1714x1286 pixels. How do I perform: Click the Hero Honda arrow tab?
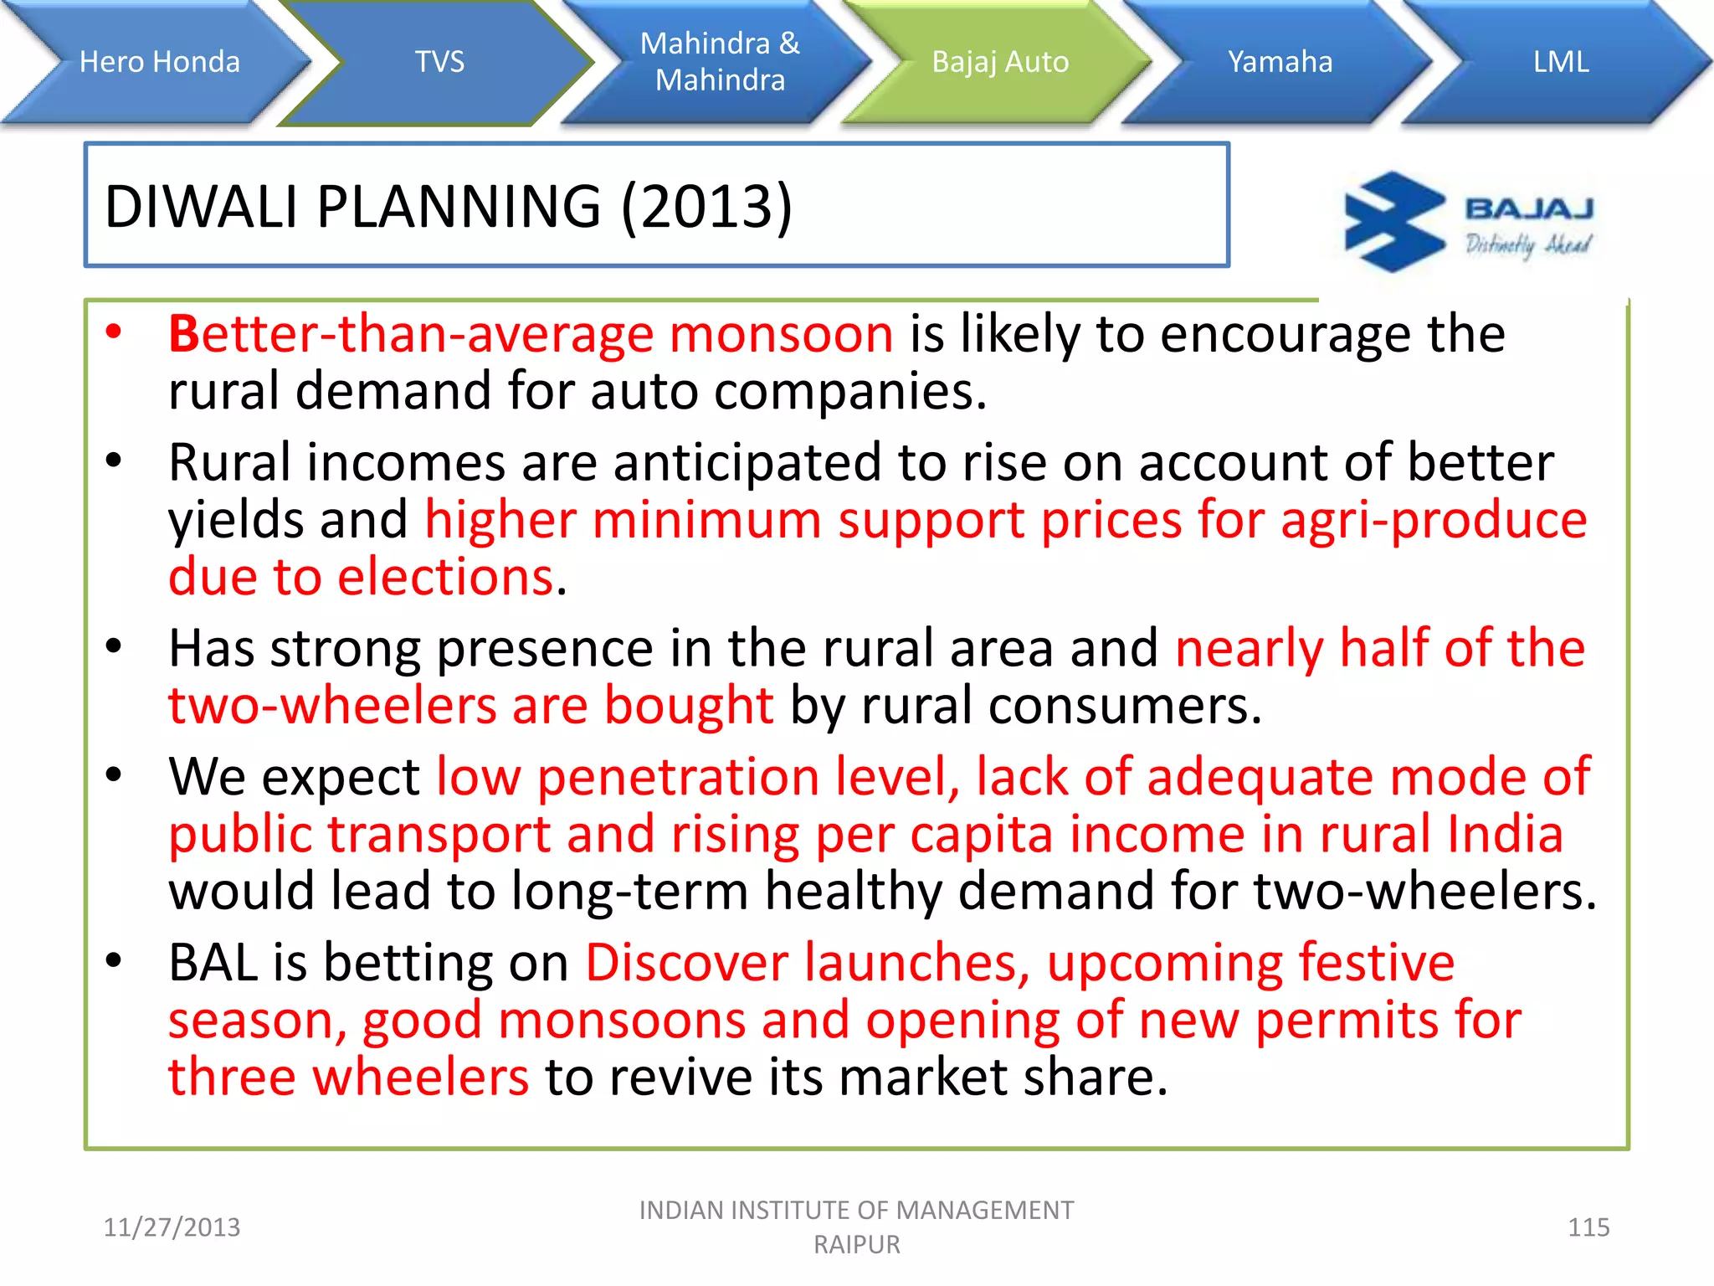pyautogui.click(x=159, y=62)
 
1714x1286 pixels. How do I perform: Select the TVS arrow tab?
pyautogui.click(x=439, y=62)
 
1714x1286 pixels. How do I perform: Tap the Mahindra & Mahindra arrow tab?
pyautogui.click(x=720, y=62)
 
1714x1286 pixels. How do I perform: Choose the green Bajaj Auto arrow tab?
pyautogui.click(x=1000, y=62)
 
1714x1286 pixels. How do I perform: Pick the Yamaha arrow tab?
pyautogui.click(x=1280, y=62)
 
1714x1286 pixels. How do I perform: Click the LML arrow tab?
pyautogui.click(x=1561, y=62)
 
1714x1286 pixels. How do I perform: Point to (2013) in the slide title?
pyautogui.click(x=706, y=207)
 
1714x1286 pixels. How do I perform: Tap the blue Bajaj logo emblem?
pyautogui.click(x=1393, y=222)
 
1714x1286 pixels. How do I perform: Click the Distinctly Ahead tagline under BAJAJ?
pyautogui.click(x=1527, y=244)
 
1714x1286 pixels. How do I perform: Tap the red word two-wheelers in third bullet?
pyautogui.click(x=332, y=706)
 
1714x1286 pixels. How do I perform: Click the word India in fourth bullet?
pyautogui.click(x=1504, y=835)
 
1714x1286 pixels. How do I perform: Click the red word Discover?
pyautogui.click(x=686, y=963)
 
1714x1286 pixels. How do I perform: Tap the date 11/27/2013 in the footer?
pyautogui.click(x=172, y=1227)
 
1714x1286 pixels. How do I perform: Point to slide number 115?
pyautogui.click(x=1588, y=1227)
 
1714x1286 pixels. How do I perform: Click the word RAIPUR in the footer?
pyautogui.click(x=856, y=1245)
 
